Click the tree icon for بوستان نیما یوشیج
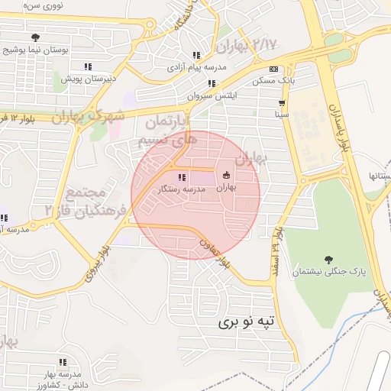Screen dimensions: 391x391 coord(35,37)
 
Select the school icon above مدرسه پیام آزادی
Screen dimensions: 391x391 coord(196,55)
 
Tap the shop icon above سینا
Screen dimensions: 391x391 coord(283,102)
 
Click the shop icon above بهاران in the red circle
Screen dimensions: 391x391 coord(226,175)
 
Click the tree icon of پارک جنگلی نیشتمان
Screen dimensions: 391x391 coord(329,260)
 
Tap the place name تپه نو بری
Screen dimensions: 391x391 coord(250,322)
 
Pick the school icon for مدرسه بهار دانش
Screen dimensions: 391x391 coord(63,361)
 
